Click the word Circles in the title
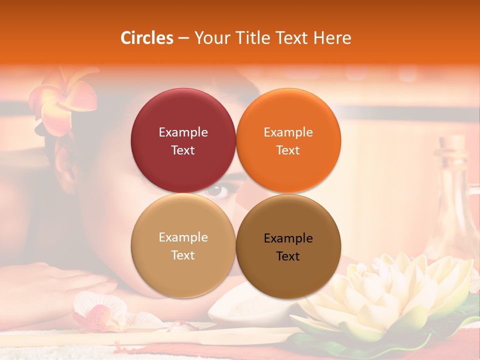click(x=147, y=38)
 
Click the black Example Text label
click(x=288, y=247)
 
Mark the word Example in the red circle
click(x=183, y=132)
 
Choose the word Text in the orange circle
click(x=288, y=150)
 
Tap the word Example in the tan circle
click(x=183, y=237)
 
